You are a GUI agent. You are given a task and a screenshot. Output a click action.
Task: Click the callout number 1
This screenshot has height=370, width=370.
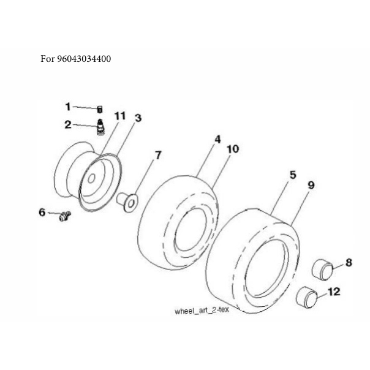(68, 107)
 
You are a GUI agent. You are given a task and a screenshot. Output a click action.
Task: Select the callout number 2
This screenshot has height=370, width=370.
(68, 124)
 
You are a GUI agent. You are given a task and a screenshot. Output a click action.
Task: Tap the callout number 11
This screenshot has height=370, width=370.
(120, 116)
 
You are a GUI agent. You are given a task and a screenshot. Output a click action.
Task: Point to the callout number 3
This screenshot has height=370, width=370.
(138, 118)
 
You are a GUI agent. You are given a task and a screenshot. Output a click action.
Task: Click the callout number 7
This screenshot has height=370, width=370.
(158, 155)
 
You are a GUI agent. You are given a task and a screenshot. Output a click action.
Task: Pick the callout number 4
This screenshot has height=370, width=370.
(217, 139)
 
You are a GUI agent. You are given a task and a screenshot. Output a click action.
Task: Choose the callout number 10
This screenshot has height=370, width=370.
(233, 149)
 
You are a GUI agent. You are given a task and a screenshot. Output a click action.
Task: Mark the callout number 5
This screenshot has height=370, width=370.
(293, 175)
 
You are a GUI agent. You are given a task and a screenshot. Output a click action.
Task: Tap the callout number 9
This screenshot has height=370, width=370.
(311, 185)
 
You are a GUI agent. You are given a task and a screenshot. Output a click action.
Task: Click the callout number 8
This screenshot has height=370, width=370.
(349, 262)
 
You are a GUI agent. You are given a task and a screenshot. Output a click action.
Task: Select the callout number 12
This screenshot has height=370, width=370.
(334, 292)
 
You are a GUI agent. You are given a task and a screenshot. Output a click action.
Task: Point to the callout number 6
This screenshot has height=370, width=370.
(42, 212)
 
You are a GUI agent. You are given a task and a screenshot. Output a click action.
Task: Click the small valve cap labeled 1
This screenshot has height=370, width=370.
(100, 110)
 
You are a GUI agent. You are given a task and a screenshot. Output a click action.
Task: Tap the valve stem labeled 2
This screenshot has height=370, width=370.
(100, 127)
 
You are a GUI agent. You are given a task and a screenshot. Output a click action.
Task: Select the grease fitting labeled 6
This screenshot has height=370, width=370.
(65, 216)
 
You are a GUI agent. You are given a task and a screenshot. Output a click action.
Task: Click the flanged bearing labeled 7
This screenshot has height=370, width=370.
(127, 202)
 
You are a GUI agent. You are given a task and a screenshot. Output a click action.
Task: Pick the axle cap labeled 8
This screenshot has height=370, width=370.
(322, 270)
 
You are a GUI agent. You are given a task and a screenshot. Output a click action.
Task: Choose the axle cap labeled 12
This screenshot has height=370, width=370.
(306, 298)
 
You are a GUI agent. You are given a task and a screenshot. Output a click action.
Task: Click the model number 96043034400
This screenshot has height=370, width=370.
(84, 59)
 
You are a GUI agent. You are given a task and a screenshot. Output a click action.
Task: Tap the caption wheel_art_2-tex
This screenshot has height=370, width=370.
(202, 311)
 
